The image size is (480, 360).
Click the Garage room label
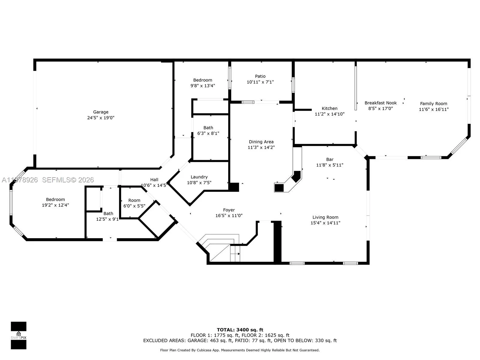pos(101,112)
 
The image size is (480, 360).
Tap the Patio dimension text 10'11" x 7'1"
pos(260,82)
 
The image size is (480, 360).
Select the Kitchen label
pos(329,109)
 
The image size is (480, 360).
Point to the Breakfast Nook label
pos(380,103)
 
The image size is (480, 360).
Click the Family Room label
pos(433,104)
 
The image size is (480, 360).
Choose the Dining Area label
pos(261,142)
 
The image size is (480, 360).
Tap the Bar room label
pos(330,160)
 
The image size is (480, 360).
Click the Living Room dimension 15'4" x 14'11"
pos(325,223)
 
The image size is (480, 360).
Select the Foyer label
pos(229,210)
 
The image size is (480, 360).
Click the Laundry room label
pos(199,177)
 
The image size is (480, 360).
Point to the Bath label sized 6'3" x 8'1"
pos(208,128)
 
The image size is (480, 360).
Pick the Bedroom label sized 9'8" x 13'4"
pos(202,80)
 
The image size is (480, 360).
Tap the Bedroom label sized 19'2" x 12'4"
pos(55,199)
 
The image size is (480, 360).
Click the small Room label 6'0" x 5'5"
pos(134,200)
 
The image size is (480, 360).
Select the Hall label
pos(154,180)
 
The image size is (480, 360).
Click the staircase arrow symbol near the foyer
pos(238,254)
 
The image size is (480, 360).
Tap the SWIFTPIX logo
pos(19,335)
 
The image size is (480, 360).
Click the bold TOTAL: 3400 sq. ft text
pos(240,330)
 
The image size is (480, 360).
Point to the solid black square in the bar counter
pos(279,188)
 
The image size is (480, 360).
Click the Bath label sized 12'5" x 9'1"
pos(108,214)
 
